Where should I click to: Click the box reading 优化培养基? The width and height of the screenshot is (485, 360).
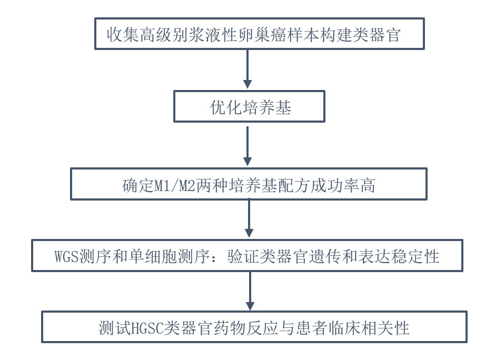(249, 107)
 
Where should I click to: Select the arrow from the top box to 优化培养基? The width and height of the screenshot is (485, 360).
(248, 69)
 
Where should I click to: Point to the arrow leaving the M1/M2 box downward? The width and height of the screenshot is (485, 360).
(249, 219)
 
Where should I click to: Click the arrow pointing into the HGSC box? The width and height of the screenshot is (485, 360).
(250, 291)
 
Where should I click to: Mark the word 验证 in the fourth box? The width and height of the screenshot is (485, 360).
(242, 257)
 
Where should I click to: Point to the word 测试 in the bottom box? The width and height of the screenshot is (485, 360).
(113, 328)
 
